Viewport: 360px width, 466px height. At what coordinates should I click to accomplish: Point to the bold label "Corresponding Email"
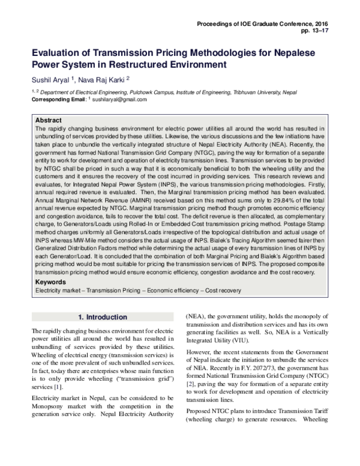58,98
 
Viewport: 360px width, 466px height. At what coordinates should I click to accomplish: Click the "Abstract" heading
49,120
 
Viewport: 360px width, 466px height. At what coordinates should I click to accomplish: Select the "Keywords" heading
50,282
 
